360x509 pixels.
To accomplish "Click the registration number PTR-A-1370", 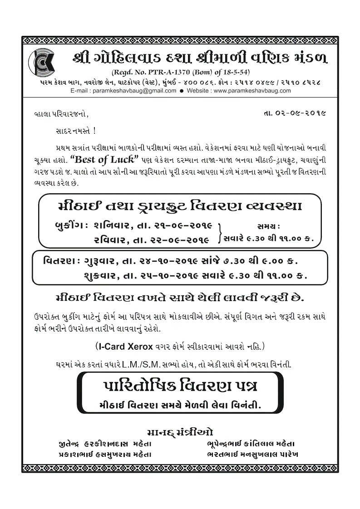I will click(165, 72).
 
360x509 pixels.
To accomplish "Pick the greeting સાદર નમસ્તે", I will click(73, 131).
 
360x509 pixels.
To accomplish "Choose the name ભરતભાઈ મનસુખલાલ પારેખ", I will click(252, 454).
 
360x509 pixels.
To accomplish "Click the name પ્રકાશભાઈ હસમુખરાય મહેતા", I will click(102, 454).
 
